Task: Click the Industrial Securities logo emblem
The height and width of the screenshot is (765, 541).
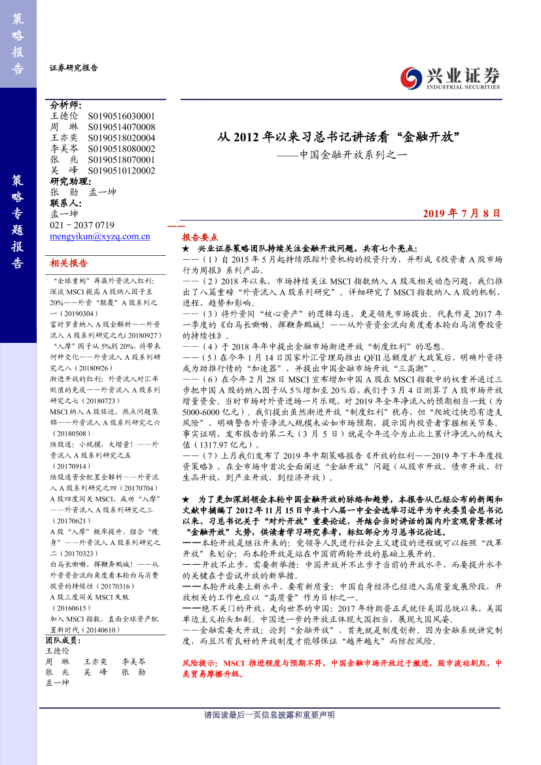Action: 412,77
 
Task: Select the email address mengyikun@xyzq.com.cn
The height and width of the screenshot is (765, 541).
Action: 100,237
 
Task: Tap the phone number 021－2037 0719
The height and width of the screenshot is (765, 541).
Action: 82,225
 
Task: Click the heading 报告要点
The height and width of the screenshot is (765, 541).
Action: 200,238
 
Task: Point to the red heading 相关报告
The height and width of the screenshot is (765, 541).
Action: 69,263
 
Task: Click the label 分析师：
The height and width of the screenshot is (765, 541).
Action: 66,105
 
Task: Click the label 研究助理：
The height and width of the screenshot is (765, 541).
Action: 71,181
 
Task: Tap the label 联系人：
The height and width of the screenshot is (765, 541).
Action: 66,203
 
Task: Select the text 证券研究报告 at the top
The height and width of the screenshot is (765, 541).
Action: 74,67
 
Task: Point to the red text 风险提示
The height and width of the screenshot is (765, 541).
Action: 200,663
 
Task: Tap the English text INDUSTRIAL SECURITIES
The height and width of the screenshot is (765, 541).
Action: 462,86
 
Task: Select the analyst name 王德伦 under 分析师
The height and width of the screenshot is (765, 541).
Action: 64,116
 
